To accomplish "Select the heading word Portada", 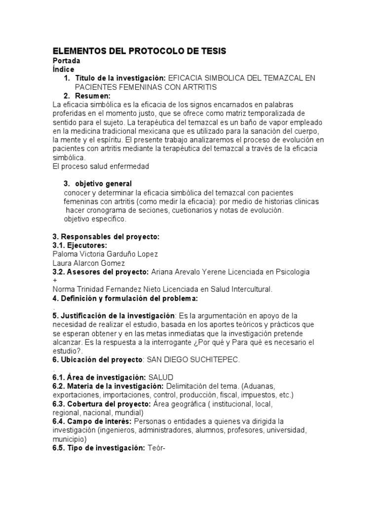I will tap(67, 61).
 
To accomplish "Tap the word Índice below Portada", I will tap(64, 70).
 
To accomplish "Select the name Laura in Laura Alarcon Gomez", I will tap(62, 263).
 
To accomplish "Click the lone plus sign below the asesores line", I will tap(55, 280).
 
